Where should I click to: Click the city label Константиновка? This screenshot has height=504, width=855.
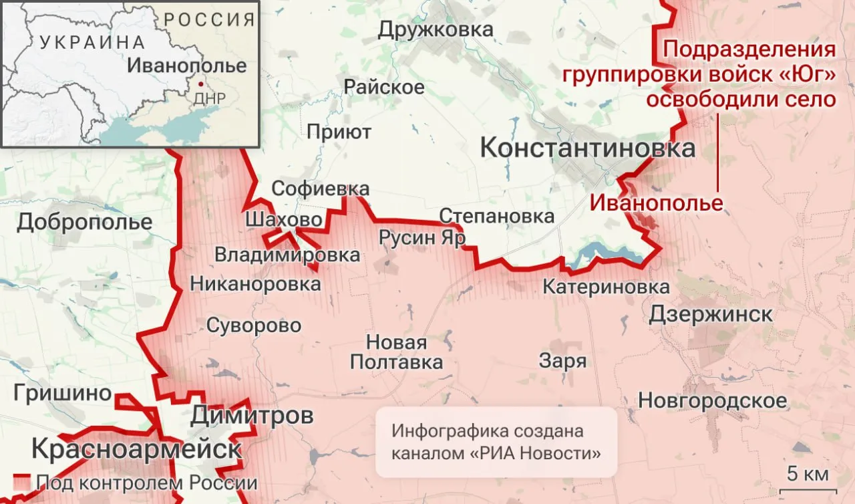[588, 148]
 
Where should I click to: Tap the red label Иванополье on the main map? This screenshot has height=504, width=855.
[657, 202]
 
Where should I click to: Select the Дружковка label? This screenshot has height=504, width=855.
[436, 29]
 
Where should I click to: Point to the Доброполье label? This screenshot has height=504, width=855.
[85, 221]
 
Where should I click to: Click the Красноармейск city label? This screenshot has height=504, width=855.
[136, 449]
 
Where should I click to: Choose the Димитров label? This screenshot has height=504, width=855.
[252, 416]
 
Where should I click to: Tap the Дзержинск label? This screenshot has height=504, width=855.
[711, 313]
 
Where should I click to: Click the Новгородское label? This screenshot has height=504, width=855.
[713, 400]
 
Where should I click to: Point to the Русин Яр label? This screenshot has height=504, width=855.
[421, 237]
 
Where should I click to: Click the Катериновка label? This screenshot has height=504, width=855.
[606, 287]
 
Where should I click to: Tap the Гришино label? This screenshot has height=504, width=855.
[62, 393]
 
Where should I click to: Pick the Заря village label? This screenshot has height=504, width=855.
[563, 361]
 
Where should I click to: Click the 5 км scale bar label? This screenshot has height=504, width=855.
[808, 475]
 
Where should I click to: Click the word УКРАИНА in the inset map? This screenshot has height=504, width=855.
[92, 42]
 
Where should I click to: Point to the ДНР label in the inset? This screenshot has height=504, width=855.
[208, 99]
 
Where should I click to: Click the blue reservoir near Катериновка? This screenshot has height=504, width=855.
[601, 253]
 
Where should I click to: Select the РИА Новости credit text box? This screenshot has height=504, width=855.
[496, 442]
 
